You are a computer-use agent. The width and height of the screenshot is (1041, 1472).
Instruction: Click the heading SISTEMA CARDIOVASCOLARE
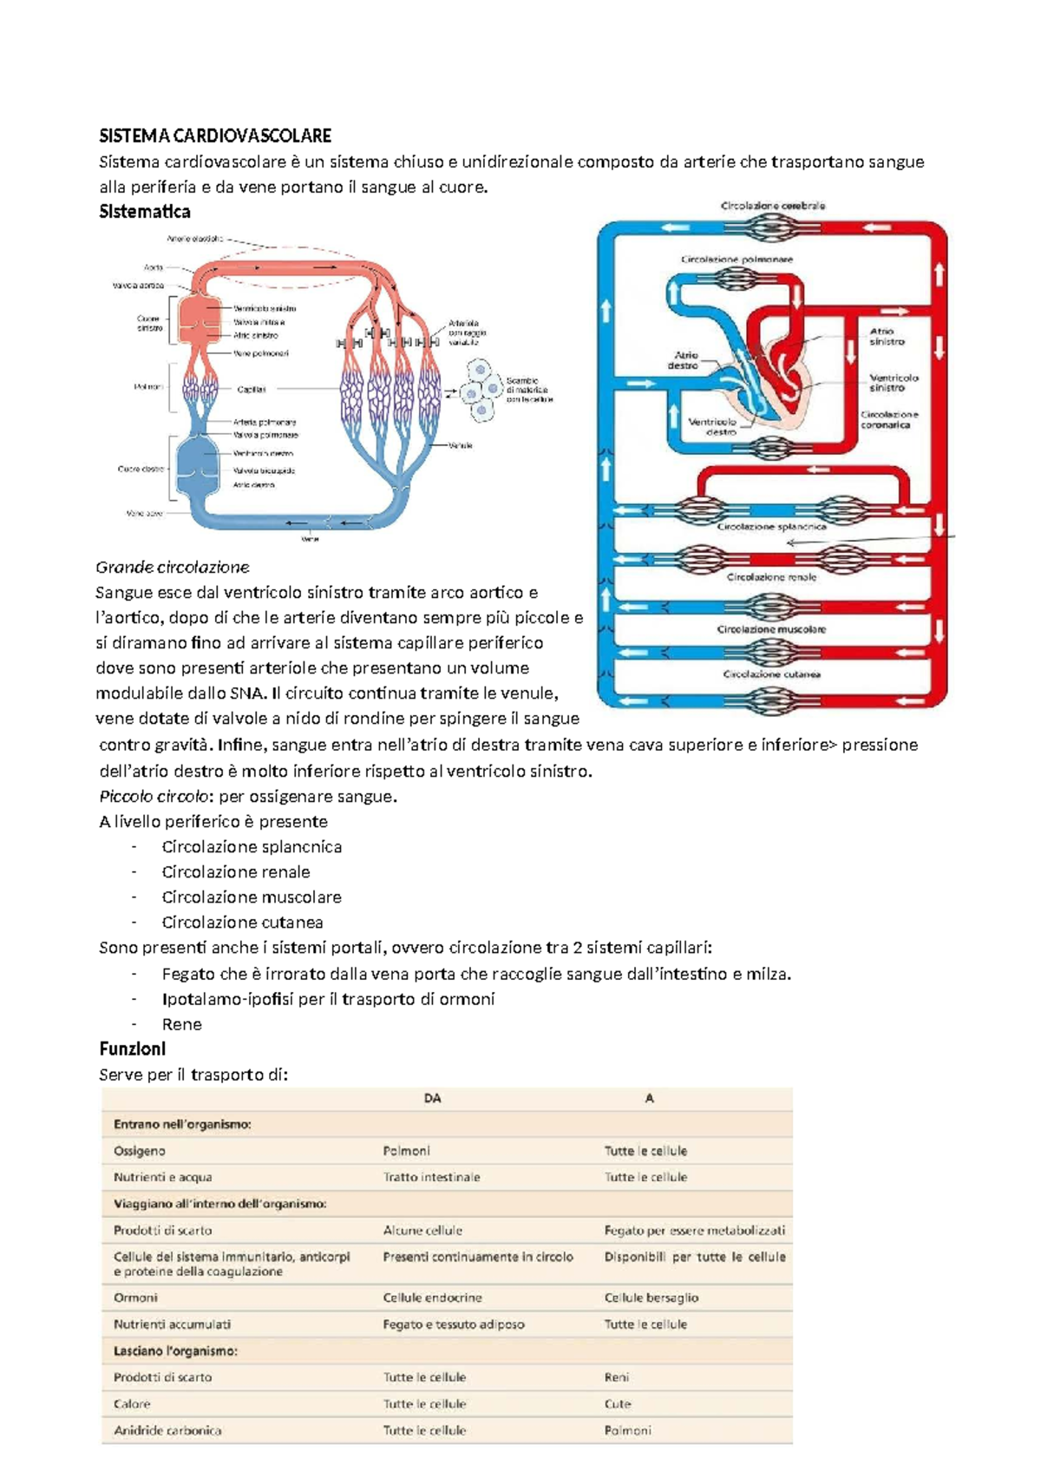click(x=215, y=135)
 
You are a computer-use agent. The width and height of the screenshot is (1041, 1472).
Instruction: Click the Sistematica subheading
click(x=145, y=212)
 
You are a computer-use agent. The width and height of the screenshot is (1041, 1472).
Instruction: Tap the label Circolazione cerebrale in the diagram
click(x=773, y=206)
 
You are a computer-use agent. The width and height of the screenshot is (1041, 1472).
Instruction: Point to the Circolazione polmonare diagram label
click(x=737, y=259)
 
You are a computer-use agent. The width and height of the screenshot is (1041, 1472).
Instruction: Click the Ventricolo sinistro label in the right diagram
click(x=894, y=383)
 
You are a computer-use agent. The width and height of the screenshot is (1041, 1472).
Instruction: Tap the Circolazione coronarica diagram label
click(x=889, y=419)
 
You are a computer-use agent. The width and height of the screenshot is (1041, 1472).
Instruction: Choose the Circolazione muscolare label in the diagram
click(x=771, y=629)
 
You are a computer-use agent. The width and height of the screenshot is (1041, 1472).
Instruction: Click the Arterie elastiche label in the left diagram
click(x=195, y=238)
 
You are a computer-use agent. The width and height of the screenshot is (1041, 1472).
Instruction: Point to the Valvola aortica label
click(x=138, y=285)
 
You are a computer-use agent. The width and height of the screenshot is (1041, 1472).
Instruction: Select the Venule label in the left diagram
click(x=461, y=445)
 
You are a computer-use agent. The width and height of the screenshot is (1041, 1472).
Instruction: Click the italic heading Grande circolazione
click(x=173, y=568)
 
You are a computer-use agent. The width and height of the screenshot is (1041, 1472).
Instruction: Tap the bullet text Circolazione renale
click(x=236, y=871)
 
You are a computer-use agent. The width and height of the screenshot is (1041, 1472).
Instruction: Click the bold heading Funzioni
click(x=132, y=1048)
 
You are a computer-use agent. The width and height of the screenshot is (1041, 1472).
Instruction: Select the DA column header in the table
click(x=432, y=1098)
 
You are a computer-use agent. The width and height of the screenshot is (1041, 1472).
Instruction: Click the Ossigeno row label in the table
click(x=140, y=1151)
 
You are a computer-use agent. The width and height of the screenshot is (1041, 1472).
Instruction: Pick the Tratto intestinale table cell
click(x=431, y=1177)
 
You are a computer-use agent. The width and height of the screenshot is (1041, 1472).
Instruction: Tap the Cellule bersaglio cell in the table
click(x=651, y=1298)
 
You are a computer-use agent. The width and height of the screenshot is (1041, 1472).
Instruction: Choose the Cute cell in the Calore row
click(x=618, y=1403)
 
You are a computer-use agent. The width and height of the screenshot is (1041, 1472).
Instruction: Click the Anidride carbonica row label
click(x=167, y=1430)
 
